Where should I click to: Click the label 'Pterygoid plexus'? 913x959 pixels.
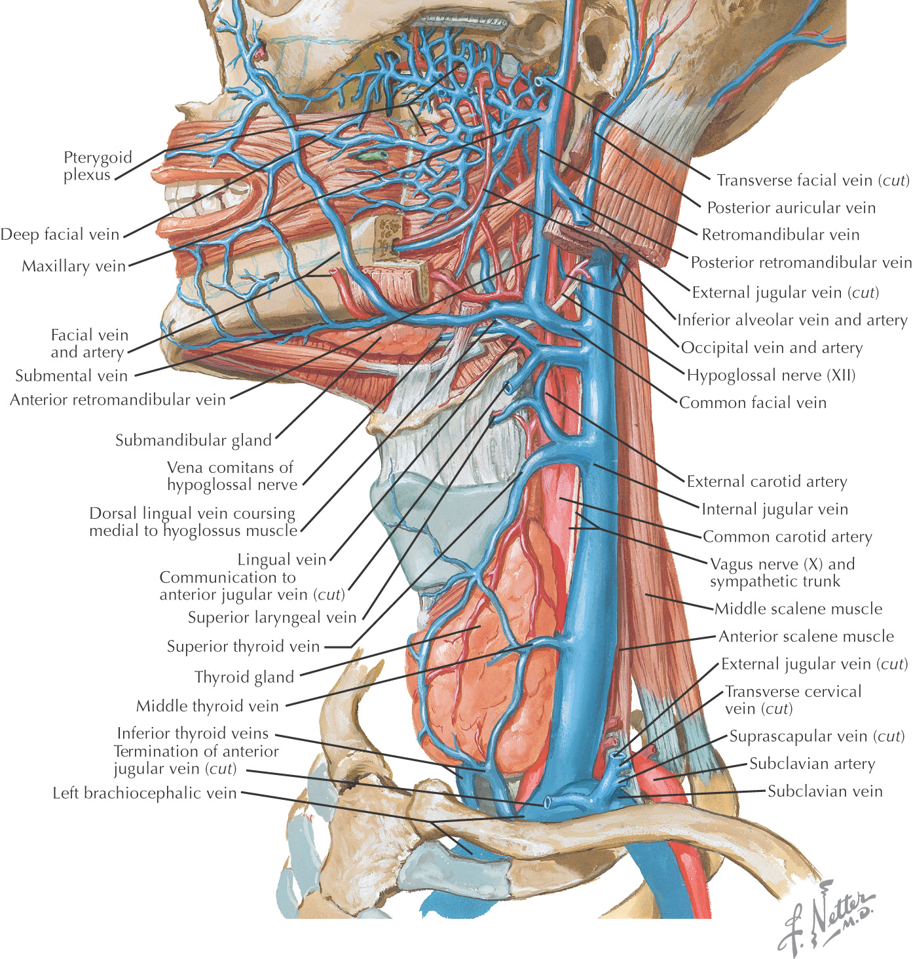coord(98,166)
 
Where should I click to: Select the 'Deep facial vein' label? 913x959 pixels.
coord(60,235)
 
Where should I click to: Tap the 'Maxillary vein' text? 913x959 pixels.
coord(73,266)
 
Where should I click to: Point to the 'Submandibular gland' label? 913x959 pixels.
coord(193,440)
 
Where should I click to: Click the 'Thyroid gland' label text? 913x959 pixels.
coord(244,677)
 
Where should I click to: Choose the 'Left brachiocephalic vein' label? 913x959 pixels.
coord(144,793)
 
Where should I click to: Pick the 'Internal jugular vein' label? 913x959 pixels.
coord(775,509)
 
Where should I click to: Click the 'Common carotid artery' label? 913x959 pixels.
coord(787,536)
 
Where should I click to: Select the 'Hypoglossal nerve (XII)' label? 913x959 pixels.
coord(771,375)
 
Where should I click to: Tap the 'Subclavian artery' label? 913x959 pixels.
coord(812,764)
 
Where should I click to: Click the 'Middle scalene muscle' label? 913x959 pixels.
coord(798,609)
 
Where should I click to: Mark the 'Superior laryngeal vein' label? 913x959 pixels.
coord(272,617)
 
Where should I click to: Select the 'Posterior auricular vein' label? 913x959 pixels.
coord(791,208)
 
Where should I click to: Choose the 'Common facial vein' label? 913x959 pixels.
coord(753,403)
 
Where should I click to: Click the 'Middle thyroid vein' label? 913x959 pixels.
coord(207,706)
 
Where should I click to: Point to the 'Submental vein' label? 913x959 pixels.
coord(71,376)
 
